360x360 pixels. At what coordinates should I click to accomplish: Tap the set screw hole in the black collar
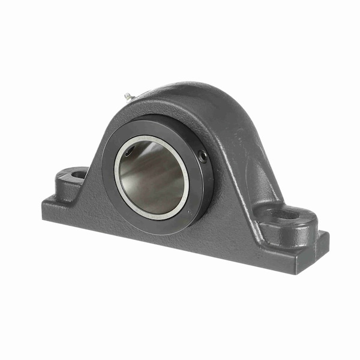point(203,157)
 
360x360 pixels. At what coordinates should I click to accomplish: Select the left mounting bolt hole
point(79,175)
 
